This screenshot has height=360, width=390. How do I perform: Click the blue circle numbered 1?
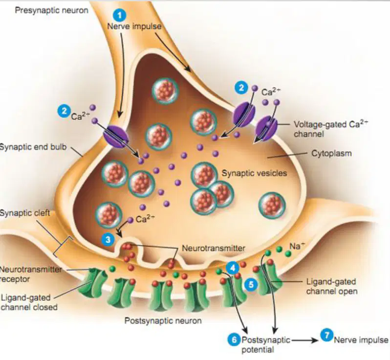pyautogui.click(x=120, y=15)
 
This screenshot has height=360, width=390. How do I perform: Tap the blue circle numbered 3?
pyautogui.click(x=108, y=240)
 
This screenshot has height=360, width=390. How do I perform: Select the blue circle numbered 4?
pyautogui.click(x=233, y=268)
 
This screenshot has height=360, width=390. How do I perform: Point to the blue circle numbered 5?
pyautogui.click(x=251, y=284)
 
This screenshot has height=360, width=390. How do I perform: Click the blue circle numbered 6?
pyautogui.click(x=234, y=339)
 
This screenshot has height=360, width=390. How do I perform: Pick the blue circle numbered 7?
pyautogui.click(x=326, y=335)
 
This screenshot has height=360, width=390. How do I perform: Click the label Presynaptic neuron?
pyautogui.click(x=51, y=10)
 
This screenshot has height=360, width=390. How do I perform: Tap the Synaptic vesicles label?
pyautogui.click(x=254, y=173)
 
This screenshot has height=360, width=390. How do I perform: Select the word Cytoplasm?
pyautogui.click(x=331, y=154)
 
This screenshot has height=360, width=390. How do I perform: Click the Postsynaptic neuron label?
pyautogui.click(x=163, y=321)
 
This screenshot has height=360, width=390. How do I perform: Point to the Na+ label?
pyautogui.click(x=297, y=246)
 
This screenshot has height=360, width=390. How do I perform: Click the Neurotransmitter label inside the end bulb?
pyautogui.click(x=214, y=248)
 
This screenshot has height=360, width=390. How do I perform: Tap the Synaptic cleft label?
pyautogui.click(x=25, y=213)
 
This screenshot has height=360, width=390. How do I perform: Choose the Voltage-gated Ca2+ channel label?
pyautogui.click(x=331, y=129)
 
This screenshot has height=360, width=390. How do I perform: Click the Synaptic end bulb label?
pyautogui.click(x=33, y=147)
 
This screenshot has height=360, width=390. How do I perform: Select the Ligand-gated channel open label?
pyautogui.click(x=332, y=287)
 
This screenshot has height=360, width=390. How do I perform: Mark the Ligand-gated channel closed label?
pyautogui.click(x=29, y=302)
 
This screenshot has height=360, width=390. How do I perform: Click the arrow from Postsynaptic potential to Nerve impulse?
pyautogui.click(x=305, y=340)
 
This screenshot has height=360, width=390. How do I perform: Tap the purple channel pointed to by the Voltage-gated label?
pyautogui.click(x=267, y=128)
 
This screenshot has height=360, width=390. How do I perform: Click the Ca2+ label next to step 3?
pyautogui.click(x=145, y=219)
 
